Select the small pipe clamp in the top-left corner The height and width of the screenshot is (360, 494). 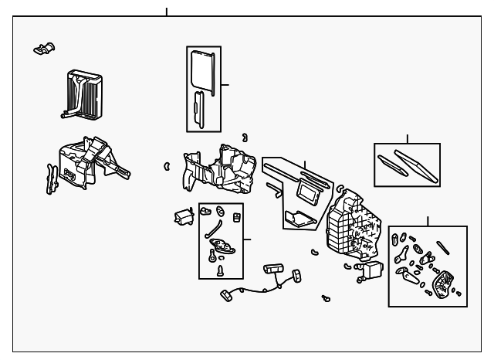pyautogui.click(x=44, y=48)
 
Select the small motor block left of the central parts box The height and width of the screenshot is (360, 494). pyautogui.click(x=183, y=217)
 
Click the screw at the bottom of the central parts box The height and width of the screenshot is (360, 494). pyautogui.click(x=220, y=270)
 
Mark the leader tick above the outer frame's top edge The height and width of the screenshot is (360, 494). pyautogui.click(x=166, y=12)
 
